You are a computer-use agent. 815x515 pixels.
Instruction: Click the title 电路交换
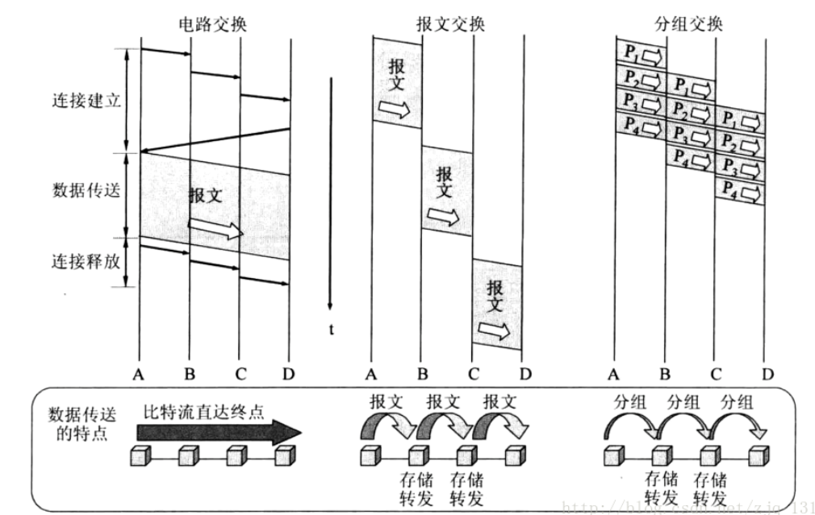click(x=212, y=24)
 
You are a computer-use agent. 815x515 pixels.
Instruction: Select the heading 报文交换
click(x=450, y=24)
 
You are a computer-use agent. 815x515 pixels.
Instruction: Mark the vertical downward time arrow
click(x=330, y=193)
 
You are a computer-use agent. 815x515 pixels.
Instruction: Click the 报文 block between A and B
click(x=396, y=85)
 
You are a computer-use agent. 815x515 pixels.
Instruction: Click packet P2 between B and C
click(x=690, y=109)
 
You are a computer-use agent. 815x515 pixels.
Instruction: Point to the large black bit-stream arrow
click(x=218, y=432)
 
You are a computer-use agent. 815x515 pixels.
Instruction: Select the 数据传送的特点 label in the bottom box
click(x=81, y=424)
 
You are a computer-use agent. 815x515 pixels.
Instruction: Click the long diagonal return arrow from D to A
click(x=215, y=139)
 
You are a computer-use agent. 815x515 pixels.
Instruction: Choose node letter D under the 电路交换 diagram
click(x=289, y=373)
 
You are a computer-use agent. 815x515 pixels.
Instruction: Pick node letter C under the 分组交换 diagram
click(x=715, y=373)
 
